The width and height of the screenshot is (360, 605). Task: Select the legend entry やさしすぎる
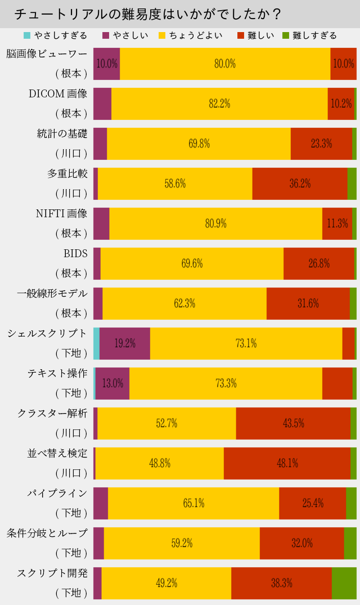point(56,35)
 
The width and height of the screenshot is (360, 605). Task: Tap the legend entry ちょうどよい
point(191,35)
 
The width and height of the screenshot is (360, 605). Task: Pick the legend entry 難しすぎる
point(309,35)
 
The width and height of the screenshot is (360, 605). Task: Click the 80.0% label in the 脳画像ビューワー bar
point(225,64)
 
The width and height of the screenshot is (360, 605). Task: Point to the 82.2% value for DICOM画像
point(219,104)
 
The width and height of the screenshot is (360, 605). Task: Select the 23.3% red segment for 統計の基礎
point(321,144)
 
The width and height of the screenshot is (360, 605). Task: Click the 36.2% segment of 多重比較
point(300,183)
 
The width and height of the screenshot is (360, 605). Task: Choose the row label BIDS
point(75,254)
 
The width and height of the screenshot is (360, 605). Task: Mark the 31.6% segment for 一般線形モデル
point(308,303)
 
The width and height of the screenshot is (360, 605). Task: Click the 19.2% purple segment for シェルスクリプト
point(125,343)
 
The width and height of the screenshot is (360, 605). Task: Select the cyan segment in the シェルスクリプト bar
point(96,343)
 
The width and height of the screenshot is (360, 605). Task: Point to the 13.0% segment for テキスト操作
point(112,383)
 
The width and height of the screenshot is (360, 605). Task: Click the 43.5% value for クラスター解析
point(294,423)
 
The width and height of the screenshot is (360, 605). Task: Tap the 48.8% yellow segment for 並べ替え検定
point(160,463)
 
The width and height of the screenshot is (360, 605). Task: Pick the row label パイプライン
point(57,494)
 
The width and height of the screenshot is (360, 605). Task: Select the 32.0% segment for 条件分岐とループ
point(302,543)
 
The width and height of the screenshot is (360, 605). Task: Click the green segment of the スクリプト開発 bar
point(344,583)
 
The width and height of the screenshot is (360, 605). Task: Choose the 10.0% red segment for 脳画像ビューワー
point(343,64)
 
